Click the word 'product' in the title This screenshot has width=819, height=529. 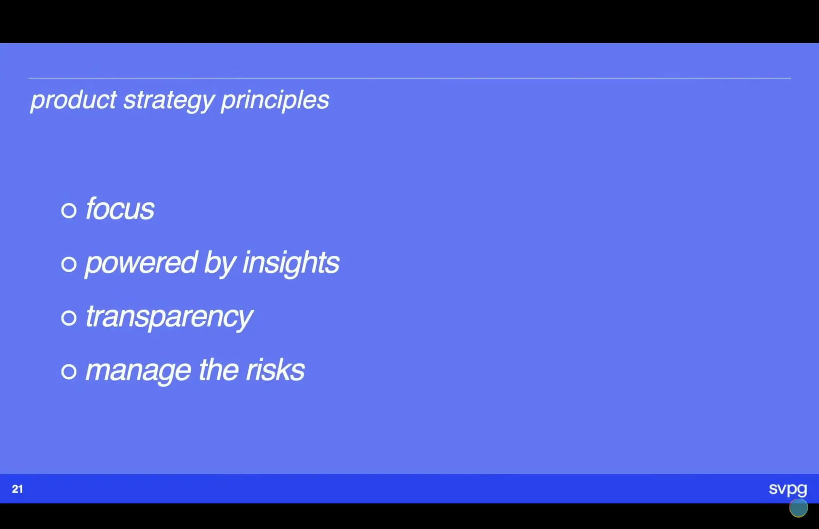(74, 100)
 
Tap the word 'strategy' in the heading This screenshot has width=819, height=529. (169, 100)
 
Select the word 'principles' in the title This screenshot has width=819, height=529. (275, 100)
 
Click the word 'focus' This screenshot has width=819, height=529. (120, 209)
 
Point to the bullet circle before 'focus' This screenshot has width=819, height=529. (69, 210)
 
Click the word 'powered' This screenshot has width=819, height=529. (141, 263)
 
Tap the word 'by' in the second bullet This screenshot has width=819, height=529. (220, 263)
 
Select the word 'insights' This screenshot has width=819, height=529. (291, 263)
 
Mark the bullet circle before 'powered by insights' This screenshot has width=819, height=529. (69, 264)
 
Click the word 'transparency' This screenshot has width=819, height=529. (169, 317)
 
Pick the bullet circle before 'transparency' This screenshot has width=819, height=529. (69, 318)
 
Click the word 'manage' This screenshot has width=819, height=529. (138, 370)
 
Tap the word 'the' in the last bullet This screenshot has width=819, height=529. (219, 370)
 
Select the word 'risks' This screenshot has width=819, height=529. (275, 370)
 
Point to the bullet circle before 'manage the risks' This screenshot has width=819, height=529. (69, 372)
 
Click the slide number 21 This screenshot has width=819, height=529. (17, 489)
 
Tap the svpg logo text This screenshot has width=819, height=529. (787, 489)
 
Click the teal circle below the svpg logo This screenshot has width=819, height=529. (798, 508)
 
